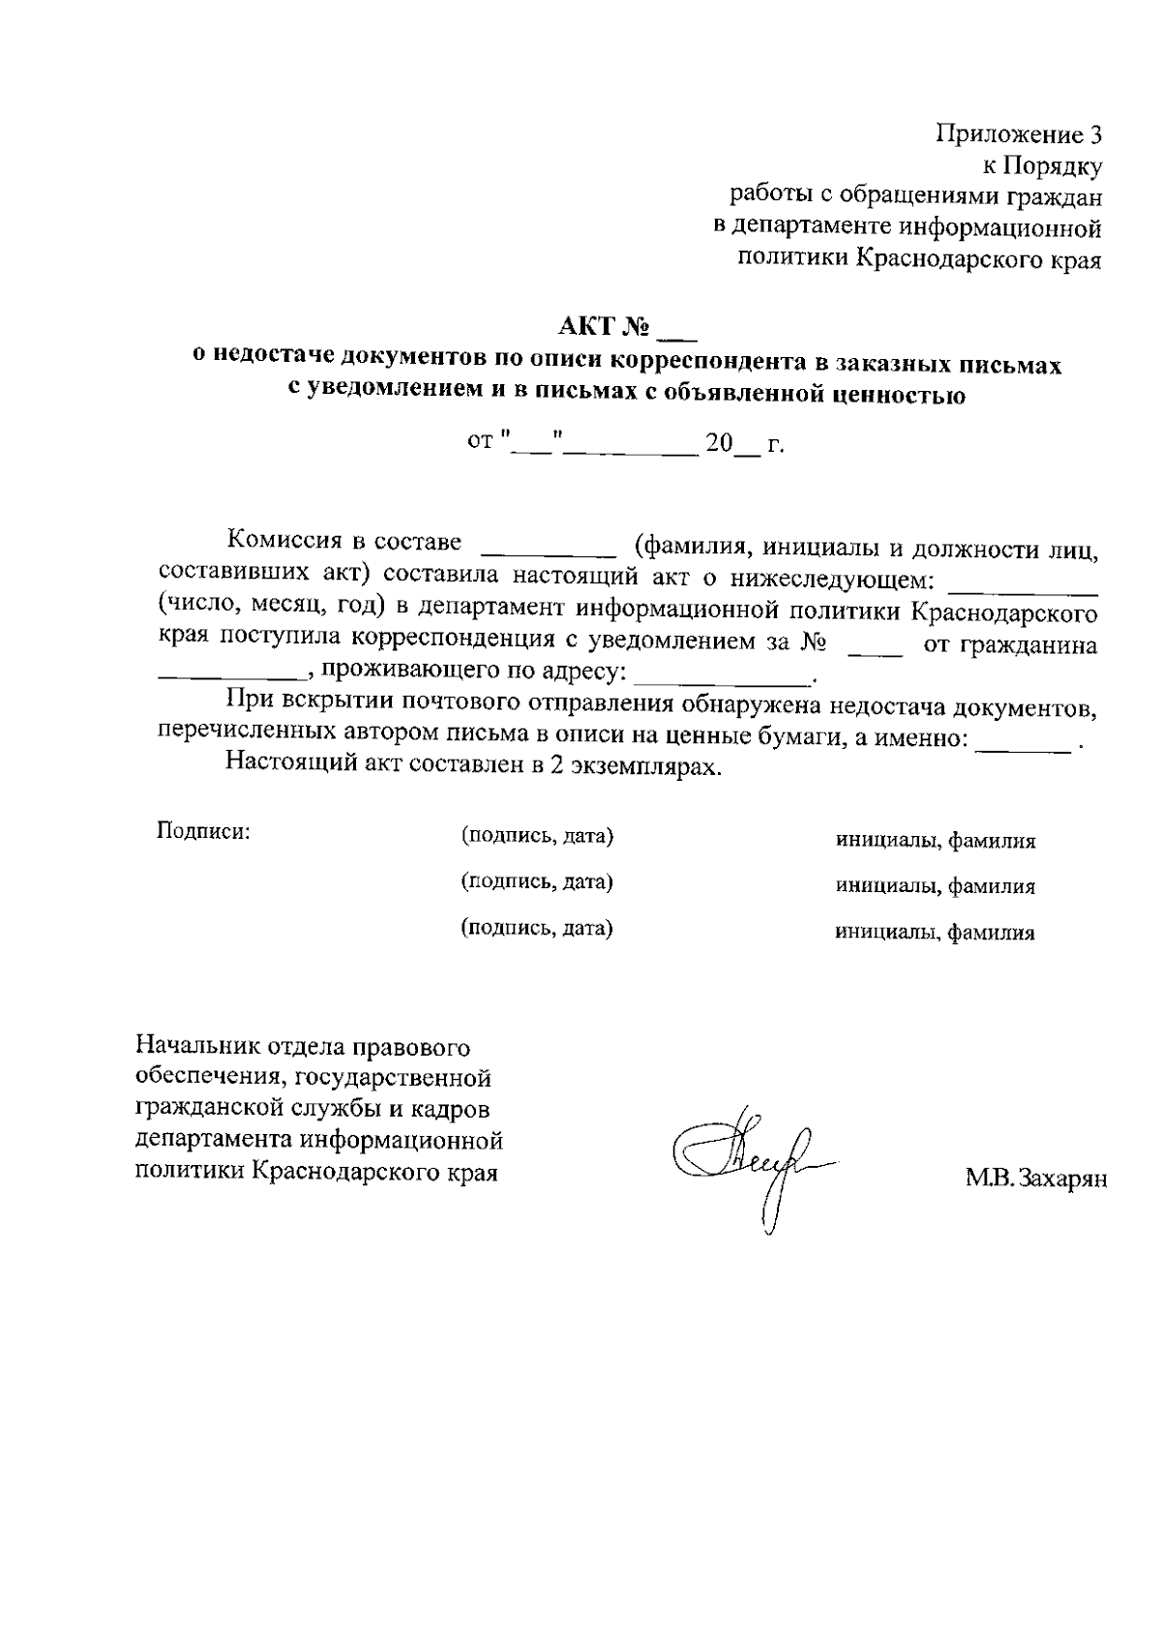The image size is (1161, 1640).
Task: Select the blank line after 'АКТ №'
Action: (676, 337)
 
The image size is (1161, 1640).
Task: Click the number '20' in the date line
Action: (719, 444)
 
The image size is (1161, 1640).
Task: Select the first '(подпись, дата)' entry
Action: (537, 835)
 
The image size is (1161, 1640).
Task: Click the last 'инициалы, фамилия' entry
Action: (936, 933)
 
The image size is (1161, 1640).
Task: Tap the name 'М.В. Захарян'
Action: (1035, 1178)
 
